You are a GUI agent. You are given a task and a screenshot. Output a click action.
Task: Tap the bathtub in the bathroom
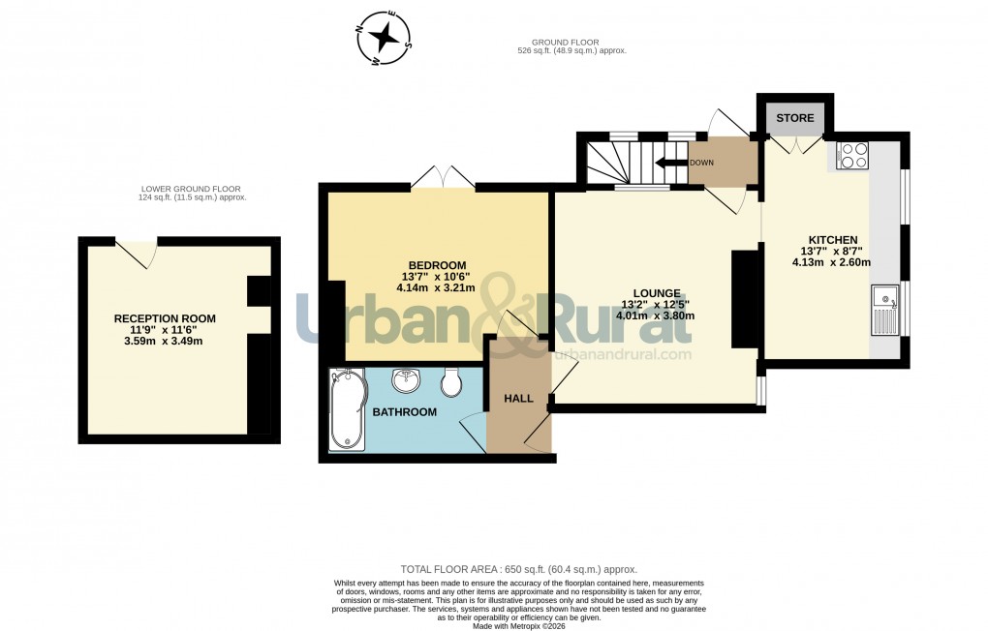click(348, 409)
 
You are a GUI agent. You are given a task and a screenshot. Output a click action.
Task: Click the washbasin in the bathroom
click(405, 382)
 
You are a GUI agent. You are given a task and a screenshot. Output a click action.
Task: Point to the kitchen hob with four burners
click(853, 156)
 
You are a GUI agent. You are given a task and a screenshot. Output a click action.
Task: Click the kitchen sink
click(885, 309)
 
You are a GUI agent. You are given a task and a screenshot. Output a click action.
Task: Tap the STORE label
click(795, 118)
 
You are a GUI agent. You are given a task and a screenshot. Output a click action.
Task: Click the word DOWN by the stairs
click(701, 163)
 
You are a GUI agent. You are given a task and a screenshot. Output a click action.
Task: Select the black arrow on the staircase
click(670, 163)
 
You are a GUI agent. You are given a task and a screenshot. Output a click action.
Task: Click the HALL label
click(518, 398)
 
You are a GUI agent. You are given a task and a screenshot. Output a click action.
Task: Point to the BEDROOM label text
click(437, 265)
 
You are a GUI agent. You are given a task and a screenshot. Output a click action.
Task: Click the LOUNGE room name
click(656, 292)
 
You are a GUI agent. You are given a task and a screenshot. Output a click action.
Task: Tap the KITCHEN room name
click(833, 239)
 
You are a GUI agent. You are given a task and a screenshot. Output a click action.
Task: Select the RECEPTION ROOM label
click(165, 318)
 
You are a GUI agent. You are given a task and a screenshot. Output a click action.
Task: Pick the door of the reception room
click(140, 251)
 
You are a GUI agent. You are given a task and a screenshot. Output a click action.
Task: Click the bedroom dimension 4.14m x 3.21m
click(436, 287)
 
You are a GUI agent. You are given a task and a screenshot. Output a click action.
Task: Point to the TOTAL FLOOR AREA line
click(519, 570)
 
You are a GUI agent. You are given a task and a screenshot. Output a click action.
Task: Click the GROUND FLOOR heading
click(566, 43)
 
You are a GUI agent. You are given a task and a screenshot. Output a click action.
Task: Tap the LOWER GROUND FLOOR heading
click(191, 189)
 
